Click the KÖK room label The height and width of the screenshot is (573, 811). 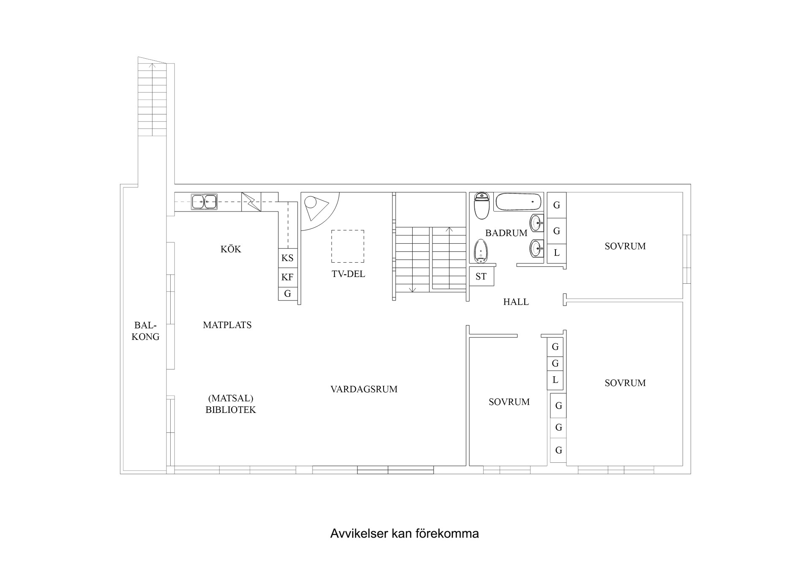pyautogui.click(x=231, y=249)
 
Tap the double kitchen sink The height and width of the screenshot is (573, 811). pyautogui.click(x=204, y=202)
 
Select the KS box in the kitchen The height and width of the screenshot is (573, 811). pyautogui.click(x=287, y=258)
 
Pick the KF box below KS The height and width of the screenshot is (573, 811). pyautogui.click(x=287, y=277)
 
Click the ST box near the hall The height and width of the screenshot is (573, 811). pyautogui.click(x=481, y=277)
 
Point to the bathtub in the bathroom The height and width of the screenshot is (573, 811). pyautogui.click(x=518, y=202)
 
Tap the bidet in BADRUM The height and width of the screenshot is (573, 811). pyautogui.click(x=481, y=251)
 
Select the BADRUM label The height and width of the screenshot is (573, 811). pyautogui.click(x=506, y=233)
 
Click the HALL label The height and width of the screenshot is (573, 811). pyautogui.click(x=516, y=302)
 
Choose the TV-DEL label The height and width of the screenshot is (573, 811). pyautogui.click(x=348, y=274)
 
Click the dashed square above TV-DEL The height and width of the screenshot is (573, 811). pyautogui.click(x=348, y=246)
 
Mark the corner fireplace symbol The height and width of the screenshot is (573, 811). pyautogui.click(x=315, y=207)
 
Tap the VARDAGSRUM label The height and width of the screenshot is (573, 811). pyautogui.click(x=364, y=389)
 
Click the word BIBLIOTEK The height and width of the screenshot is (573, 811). pyautogui.click(x=231, y=410)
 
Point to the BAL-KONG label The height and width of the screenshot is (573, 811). pyautogui.click(x=145, y=331)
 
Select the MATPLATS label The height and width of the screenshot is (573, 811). pyautogui.click(x=227, y=325)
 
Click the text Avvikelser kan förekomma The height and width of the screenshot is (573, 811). pyautogui.click(x=404, y=534)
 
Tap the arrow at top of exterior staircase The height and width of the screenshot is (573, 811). pyautogui.click(x=152, y=65)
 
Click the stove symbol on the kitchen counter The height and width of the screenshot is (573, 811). pyautogui.click(x=251, y=202)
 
